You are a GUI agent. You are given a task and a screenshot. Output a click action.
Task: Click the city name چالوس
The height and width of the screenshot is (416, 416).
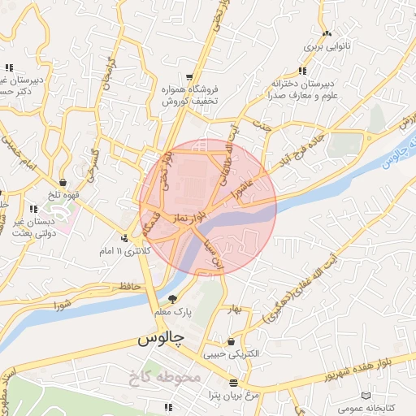162,337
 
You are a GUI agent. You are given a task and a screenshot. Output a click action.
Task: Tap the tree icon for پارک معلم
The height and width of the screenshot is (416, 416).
172,299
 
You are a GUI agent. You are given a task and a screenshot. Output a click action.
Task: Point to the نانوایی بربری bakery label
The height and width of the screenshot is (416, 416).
325,47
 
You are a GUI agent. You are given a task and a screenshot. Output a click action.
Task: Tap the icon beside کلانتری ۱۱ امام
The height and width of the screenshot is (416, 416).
123,238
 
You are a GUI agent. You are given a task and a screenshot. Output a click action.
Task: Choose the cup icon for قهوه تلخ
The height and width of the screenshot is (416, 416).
63,182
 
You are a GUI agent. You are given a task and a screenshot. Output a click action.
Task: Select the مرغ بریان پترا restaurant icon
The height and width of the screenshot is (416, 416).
233,382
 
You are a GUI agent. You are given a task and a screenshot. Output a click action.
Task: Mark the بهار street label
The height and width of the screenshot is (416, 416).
236,310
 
